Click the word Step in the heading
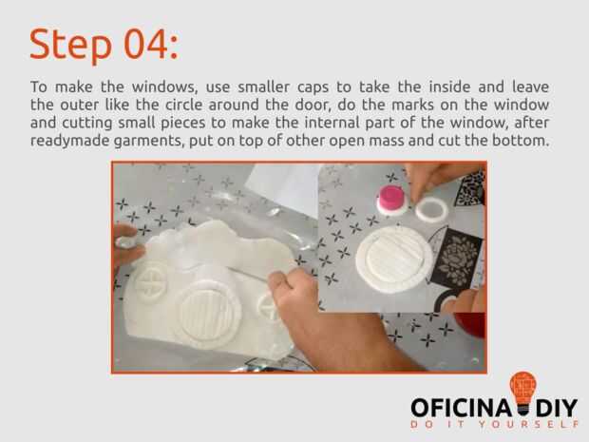click(71, 45)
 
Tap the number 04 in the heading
click(145, 45)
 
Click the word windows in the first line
click(164, 87)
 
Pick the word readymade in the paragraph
click(70, 142)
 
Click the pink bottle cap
click(391, 198)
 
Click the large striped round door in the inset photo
click(394, 259)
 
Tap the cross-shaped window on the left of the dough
click(151, 281)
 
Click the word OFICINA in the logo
click(462, 408)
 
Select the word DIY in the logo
click(557, 408)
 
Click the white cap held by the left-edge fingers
click(125, 241)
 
